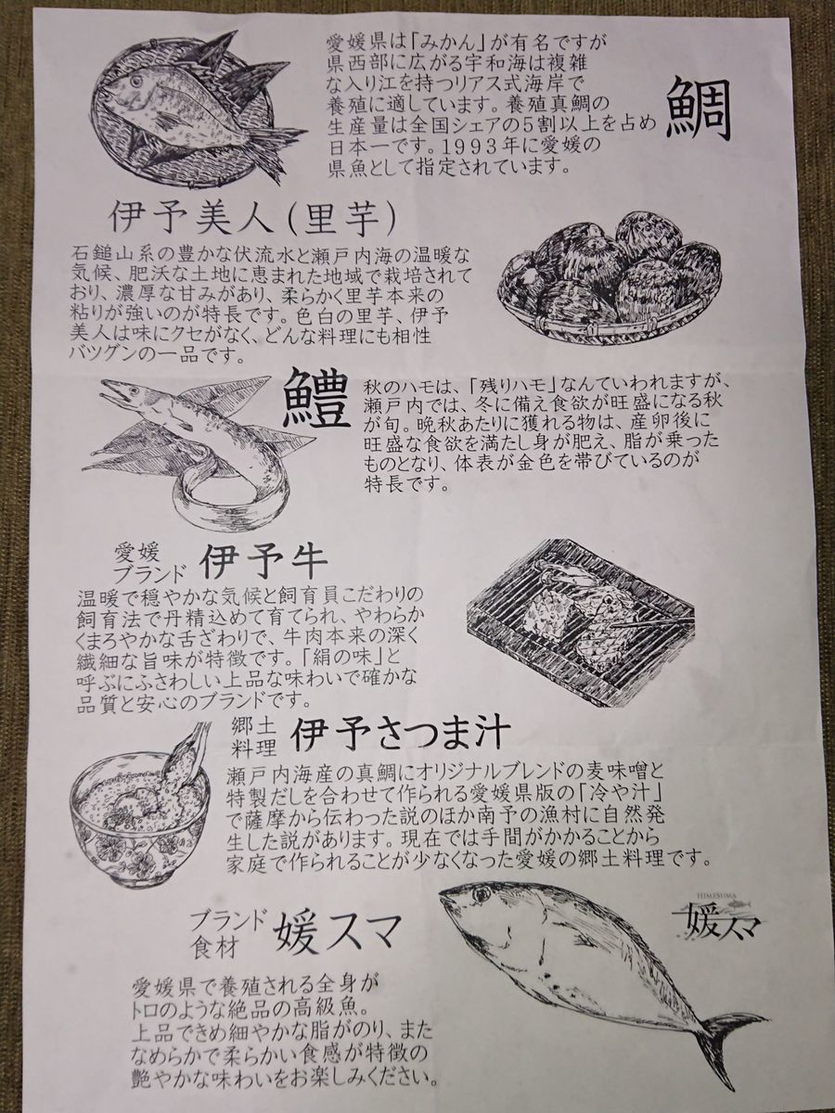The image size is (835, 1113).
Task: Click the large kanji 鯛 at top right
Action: pyautogui.click(x=699, y=109)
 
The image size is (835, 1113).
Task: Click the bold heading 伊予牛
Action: pyautogui.click(x=263, y=565)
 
